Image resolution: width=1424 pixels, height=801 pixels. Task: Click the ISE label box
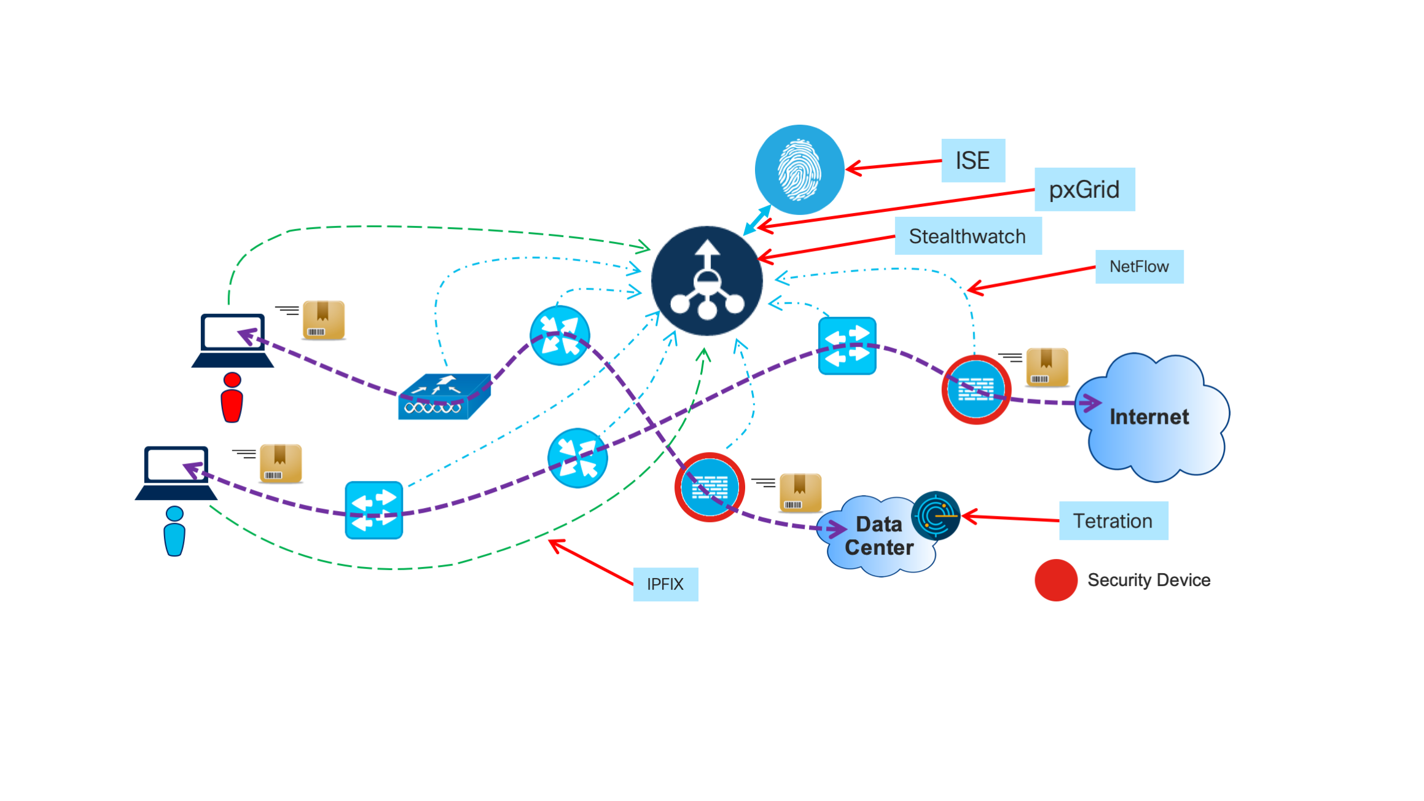pos(972,160)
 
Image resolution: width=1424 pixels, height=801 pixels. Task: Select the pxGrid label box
pos(1084,189)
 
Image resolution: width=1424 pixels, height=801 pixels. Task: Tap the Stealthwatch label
pos(968,236)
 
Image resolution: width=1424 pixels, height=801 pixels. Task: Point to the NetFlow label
pos(1139,267)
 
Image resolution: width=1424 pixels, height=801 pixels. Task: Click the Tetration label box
pos(1113,521)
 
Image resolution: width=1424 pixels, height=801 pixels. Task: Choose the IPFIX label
pos(665,584)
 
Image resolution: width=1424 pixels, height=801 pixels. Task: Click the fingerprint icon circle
pos(799,170)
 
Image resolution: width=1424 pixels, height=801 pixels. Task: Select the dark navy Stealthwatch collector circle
pos(707,281)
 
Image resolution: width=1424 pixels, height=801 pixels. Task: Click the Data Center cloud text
pos(878,536)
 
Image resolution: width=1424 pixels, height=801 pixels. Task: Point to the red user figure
pos(232,398)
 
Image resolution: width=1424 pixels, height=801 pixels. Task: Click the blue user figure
pos(174,531)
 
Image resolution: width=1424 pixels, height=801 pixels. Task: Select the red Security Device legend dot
pos(1056,580)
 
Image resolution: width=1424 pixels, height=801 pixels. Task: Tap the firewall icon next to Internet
pos(976,389)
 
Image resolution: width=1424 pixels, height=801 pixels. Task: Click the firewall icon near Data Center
pos(710,487)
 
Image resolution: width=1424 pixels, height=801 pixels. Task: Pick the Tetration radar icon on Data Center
pos(935,515)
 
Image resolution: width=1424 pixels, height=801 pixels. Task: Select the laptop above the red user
pos(232,341)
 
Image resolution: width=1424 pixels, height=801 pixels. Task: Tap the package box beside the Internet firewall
pos(1047,367)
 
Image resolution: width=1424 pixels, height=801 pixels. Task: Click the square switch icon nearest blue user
pos(374,510)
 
